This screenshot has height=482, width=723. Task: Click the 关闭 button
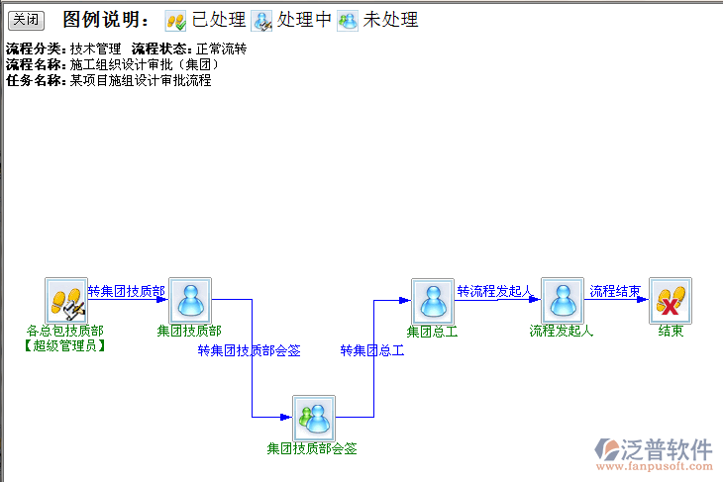point(26,20)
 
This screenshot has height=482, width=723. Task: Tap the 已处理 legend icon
point(175,20)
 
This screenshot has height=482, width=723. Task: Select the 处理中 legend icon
point(262,20)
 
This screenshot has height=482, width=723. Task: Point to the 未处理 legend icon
point(348,20)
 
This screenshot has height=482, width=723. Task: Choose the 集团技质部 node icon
point(189,299)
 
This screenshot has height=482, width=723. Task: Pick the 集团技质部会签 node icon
point(313,418)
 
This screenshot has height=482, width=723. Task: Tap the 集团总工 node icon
point(433,299)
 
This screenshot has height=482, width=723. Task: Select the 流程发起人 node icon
point(562,299)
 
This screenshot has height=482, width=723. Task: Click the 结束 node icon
point(671,299)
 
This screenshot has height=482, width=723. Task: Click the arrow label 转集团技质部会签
point(249,350)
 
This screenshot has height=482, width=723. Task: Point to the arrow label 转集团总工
point(371,350)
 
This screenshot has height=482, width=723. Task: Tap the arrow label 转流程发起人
point(494,291)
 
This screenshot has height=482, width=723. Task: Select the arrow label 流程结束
point(615,291)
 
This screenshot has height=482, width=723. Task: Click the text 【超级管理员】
point(63,345)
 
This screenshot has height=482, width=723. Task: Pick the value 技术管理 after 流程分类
point(95,48)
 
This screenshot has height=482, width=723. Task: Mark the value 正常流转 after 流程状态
point(221,48)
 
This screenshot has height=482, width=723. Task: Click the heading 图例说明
point(106,20)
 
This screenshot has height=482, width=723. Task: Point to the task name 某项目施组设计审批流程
point(140,80)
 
